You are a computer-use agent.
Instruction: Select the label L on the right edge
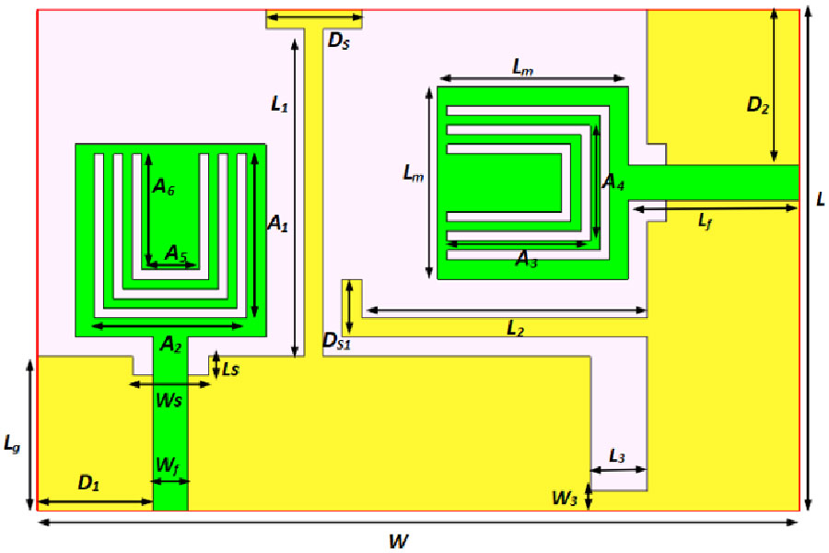819,199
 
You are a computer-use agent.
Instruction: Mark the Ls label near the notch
231,369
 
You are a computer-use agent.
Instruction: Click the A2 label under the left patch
169,344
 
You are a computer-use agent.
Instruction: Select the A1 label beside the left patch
277,223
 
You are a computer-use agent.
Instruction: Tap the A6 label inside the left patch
164,188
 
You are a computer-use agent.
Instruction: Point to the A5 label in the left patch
176,252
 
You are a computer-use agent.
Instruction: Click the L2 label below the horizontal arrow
516,329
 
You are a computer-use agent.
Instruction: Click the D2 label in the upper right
758,106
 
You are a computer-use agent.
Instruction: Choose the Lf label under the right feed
705,221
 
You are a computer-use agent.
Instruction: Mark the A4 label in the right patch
613,182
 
